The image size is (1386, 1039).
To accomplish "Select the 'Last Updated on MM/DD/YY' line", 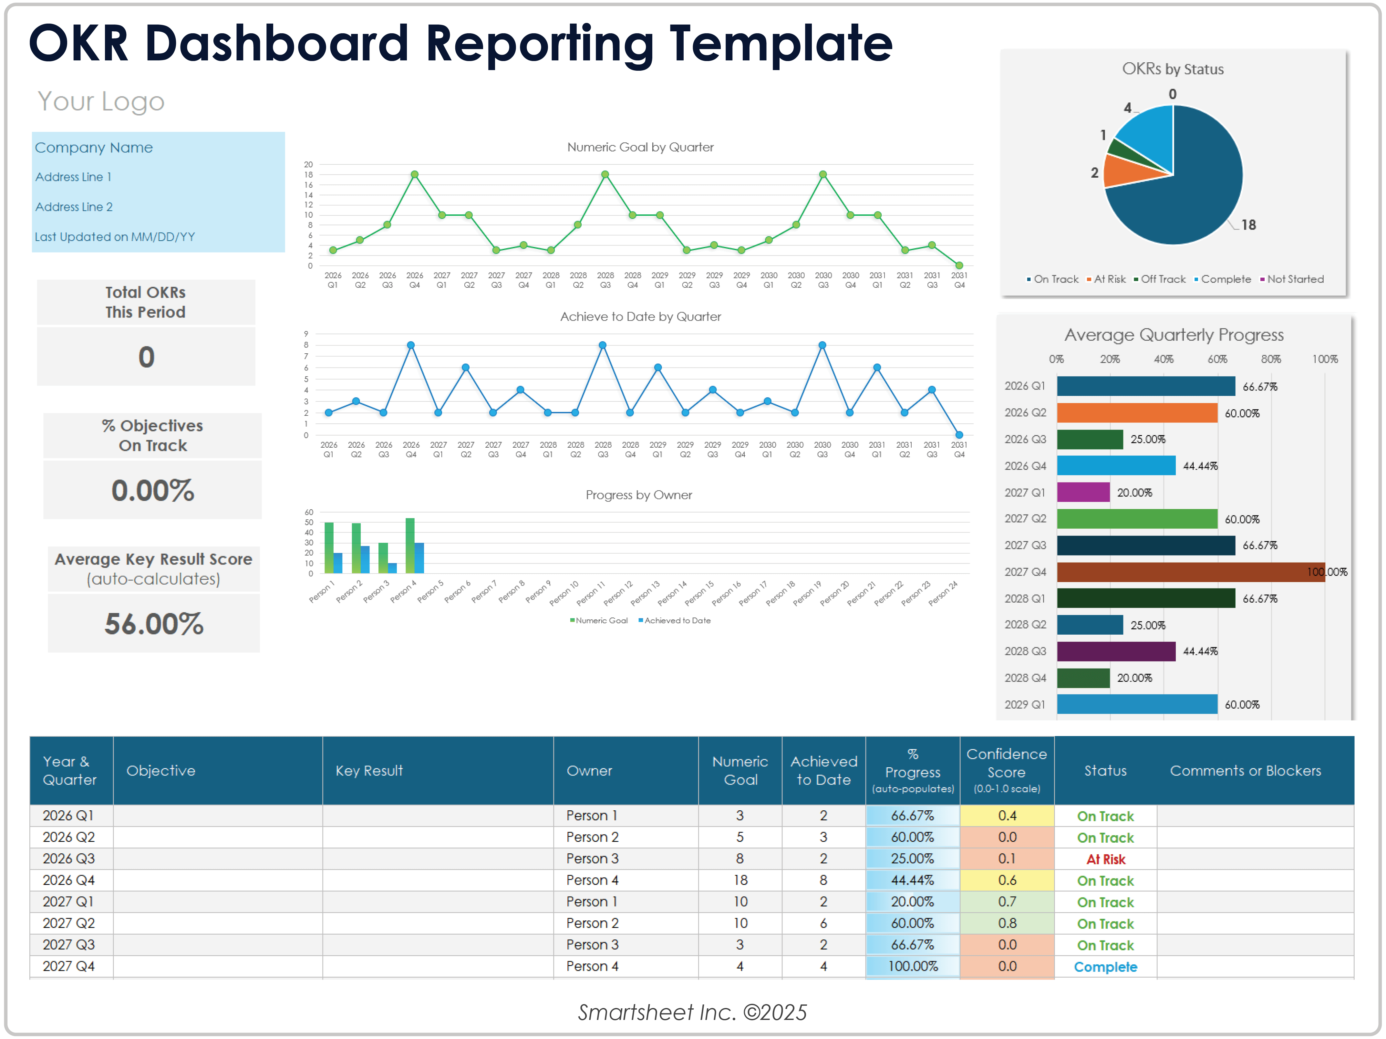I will pyautogui.click(x=115, y=237).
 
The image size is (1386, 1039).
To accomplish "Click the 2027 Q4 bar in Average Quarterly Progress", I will pyautogui.click(x=1191, y=572).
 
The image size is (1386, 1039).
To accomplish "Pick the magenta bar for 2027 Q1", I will pyautogui.click(x=1083, y=493).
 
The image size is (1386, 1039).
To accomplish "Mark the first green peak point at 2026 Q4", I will pyautogui.click(x=414, y=175).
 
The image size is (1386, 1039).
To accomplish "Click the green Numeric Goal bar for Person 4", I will pyautogui.click(x=410, y=545).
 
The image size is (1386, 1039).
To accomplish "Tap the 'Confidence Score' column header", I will pyautogui.click(x=1006, y=770).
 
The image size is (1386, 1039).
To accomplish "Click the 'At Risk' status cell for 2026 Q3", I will pyautogui.click(x=1105, y=859).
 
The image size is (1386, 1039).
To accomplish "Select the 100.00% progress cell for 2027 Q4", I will pyautogui.click(x=912, y=966).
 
